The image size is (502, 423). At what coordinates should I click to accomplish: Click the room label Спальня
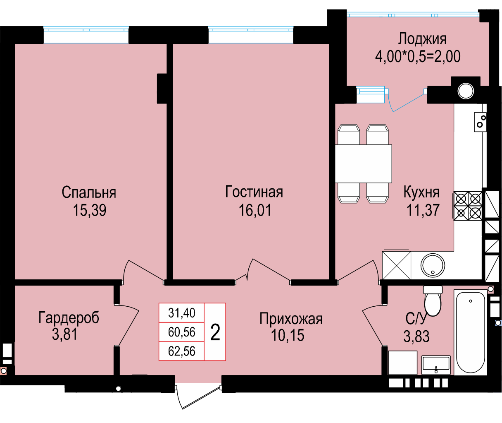click(x=89, y=192)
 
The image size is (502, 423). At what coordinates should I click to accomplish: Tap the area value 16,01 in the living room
click(x=255, y=210)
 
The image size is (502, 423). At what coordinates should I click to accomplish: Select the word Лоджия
click(x=422, y=39)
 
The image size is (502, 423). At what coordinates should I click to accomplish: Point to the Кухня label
click(x=421, y=192)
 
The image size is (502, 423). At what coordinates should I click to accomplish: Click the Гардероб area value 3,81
click(x=65, y=334)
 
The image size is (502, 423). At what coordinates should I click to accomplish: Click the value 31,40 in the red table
click(x=181, y=313)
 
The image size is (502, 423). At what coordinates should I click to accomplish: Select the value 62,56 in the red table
click(x=181, y=351)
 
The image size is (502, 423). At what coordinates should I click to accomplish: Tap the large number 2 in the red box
click(x=215, y=332)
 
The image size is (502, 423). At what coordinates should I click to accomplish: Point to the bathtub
click(x=470, y=332)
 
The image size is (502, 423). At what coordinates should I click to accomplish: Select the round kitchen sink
click(x=433, y=265)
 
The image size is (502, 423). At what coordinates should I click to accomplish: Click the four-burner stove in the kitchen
click(x=468, y=206)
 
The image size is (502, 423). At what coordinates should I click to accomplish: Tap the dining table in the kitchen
click(x=363, y=163)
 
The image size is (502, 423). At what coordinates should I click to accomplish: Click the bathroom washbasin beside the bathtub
click(x=436, y=365)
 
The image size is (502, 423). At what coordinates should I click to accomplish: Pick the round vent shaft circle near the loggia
click(x=466, y=91)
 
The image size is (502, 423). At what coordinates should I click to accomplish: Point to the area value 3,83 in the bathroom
click(x=416, y=336)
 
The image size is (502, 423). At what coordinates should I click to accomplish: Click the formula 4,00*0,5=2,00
click(x=418, y=57)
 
